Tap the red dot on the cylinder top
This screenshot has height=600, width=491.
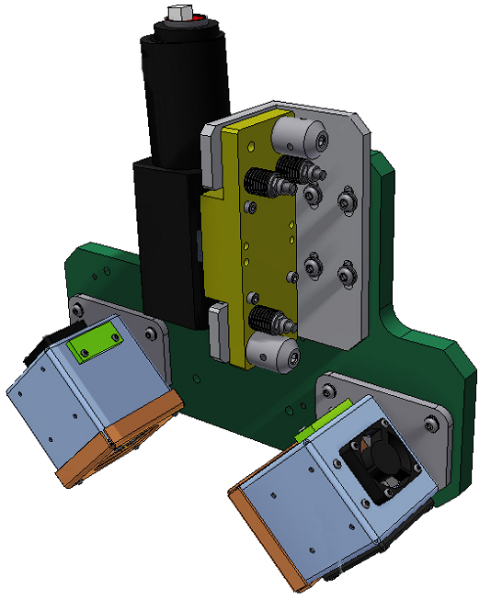(x=194, y=21)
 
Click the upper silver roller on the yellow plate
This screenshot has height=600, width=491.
(x=300, y=139)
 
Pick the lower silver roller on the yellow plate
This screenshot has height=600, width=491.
(x=274, y=353)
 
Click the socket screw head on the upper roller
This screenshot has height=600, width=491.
(x=318, y=141)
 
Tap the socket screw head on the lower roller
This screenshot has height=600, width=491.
(x=291, y=359)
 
